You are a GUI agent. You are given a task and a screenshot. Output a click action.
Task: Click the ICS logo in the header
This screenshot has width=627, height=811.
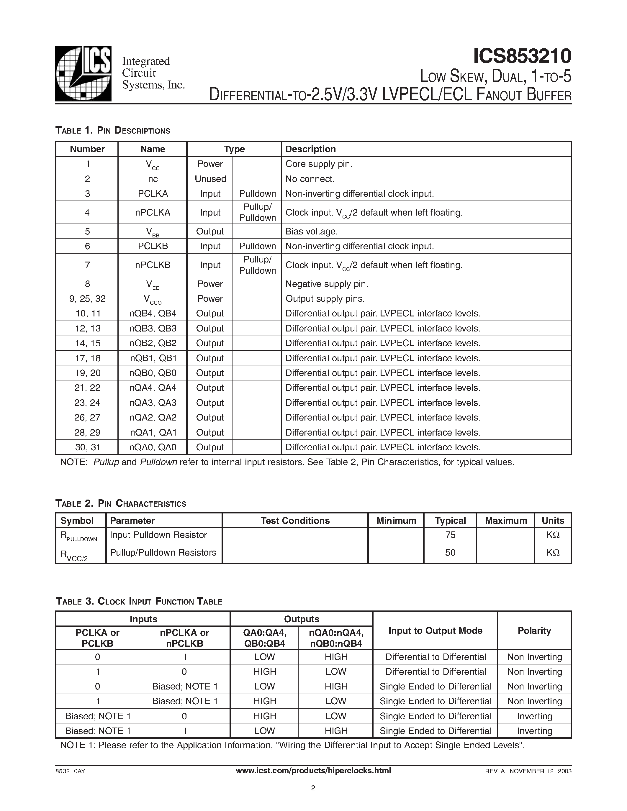pyautogui.click(x=83, y=73)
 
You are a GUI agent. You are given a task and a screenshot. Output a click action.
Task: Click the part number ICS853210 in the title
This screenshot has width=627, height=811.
pyautogui.click(x=522, y=56)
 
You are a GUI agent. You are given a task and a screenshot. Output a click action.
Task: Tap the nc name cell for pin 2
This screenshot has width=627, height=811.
pyautogui.click(x=153, y=179)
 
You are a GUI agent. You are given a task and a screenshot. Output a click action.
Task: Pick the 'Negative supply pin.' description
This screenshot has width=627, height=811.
pyautogui.click(x=327, y=284)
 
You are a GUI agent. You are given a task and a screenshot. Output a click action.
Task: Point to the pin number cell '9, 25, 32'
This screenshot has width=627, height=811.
pyautogui.click(x=87, y=298)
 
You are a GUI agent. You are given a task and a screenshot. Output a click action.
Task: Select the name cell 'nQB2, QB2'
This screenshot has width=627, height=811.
pyautogui.click(x=153, y=343)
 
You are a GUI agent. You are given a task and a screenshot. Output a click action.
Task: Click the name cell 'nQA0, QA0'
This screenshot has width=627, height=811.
pyautogui.click(x=153, y=447)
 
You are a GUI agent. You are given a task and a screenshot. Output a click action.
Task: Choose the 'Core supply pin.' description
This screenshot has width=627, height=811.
pyautogui.click(x=319, y=164)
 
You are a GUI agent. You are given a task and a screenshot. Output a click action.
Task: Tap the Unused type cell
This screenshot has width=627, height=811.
pyautogui.click(x=210, y=179)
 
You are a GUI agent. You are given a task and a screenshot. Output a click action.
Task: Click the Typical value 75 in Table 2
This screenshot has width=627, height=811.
pyautogui.click(x=450, y=535)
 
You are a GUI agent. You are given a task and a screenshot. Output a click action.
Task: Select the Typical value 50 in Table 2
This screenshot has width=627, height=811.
pyautogui.click(x=450, y=553)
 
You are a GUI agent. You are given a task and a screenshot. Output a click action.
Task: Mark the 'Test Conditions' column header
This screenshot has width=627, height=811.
pyautogui.click(x=295, y=521)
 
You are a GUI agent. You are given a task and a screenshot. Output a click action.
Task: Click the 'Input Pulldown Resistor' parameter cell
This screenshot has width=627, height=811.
pyautogui.click(x=158, y=535)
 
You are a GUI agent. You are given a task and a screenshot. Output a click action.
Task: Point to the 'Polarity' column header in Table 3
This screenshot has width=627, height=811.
pyautogui.click(x=534, y=631)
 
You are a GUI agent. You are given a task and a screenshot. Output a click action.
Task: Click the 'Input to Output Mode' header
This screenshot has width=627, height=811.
pyautogui.click(x=435, y=631)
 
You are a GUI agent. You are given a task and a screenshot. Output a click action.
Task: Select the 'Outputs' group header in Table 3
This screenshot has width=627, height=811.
pyautogui.click(x=302, y=619)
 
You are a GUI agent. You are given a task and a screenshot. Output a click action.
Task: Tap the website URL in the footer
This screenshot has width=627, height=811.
pyautogui.click(x=313, y=771)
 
